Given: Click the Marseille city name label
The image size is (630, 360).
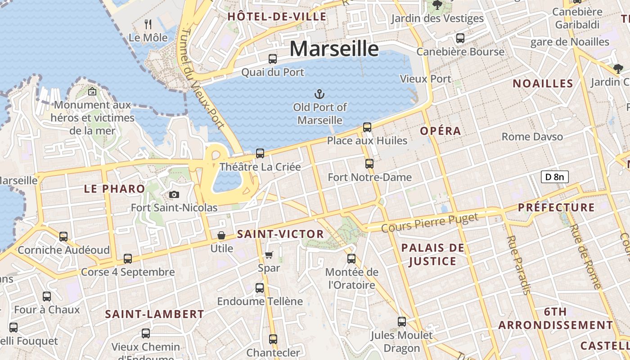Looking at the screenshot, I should pyautogui.click(x=334, y=48).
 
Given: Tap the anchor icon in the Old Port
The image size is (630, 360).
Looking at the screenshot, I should pyautogui.click(x=319, y=94).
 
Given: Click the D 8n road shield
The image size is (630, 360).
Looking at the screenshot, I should pyautogui.click(x=554, y=177).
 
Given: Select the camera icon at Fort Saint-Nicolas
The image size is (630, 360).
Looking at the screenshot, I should pyautogui.click(x=174, y=194).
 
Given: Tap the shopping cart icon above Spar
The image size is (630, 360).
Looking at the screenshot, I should pyautogui.click(x=269, y=255).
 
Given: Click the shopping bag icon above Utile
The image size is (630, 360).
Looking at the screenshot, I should pyautogui.click(x=221, y=235).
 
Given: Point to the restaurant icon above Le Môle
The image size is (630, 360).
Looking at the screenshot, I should pyautogui.click(x=148, y=24).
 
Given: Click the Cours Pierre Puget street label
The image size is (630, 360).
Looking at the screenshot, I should pyautogui.click(x=430, y=223).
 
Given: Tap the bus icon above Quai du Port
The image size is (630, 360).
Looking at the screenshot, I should pyautogui.click(x=273, y=59).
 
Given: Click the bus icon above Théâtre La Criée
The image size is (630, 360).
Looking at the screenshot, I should pyautogui.click(x=260, y=153).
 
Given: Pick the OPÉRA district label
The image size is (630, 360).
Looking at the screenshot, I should pyautogui.click(x=441, y=131).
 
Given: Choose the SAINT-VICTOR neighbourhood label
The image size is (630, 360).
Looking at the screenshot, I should pyautogui.click(x=280, y=234).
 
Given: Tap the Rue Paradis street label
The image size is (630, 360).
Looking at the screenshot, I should pyautogui.click(x=518, y=265).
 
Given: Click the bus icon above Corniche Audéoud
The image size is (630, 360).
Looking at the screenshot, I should pyautogui.click(x=63, y=237).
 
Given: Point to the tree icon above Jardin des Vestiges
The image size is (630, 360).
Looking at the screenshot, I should pyautogui.click(x=436, y=5).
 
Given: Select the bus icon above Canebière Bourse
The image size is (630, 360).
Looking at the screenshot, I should pyautogui.click(x=460, y=38).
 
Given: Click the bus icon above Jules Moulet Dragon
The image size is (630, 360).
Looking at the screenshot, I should pyautogui.click(x=402, y=322).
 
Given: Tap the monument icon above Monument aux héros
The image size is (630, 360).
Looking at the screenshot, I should pyautogui.click(x=92, y=91).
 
